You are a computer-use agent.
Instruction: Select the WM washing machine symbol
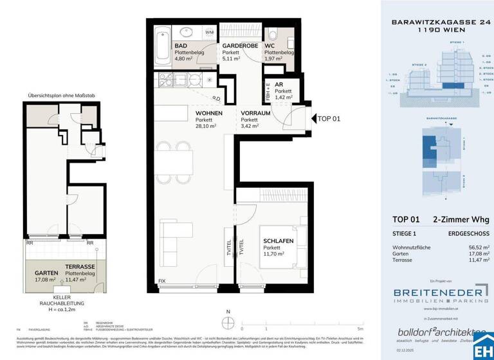click(x=210, y=32)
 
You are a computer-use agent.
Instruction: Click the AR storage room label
click(x=279, y=84)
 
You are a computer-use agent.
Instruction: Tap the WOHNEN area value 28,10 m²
click(x=207, y=127)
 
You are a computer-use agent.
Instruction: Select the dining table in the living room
click(x=179, y=156)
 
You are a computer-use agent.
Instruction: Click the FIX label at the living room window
click(x=161, y=281)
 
